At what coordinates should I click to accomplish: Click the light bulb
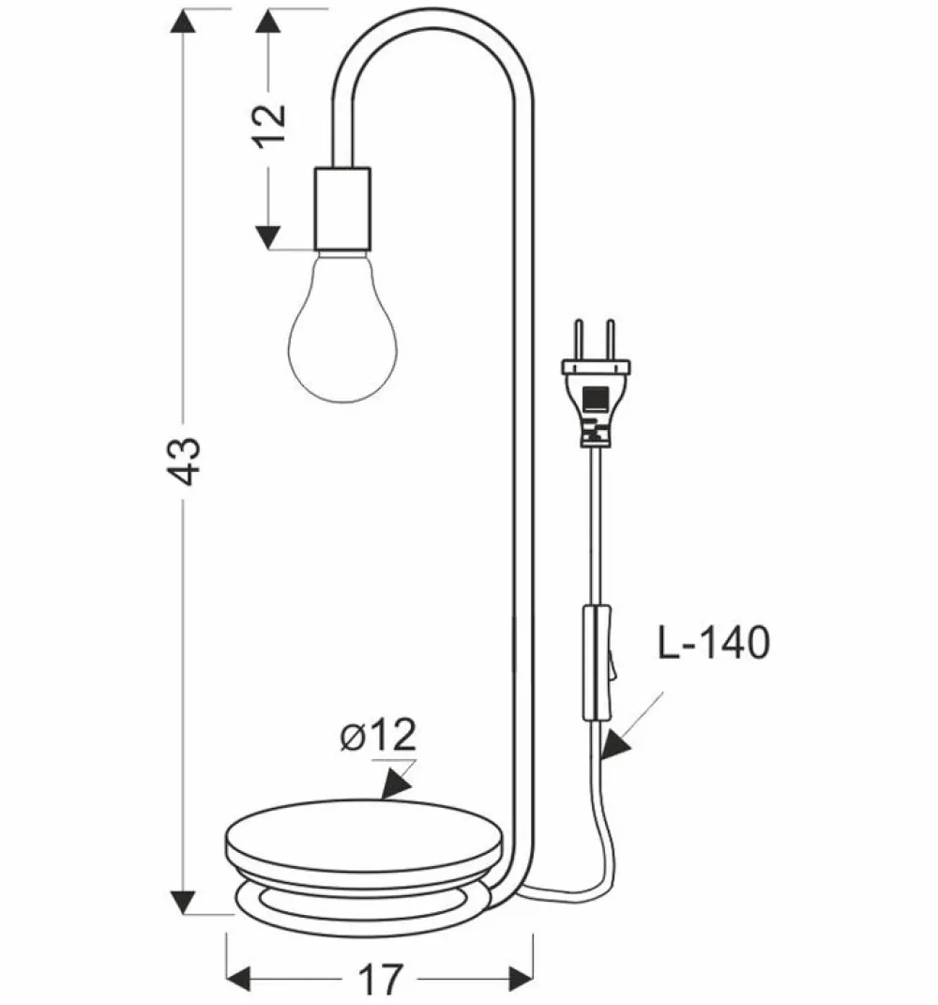pos(342,327)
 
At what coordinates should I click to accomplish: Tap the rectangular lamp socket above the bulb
pos(342,208)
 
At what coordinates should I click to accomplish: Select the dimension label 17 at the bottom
pos(380,979)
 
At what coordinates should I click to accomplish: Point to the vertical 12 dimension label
pos(270,125)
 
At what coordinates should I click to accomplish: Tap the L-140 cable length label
pos(714,643)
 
